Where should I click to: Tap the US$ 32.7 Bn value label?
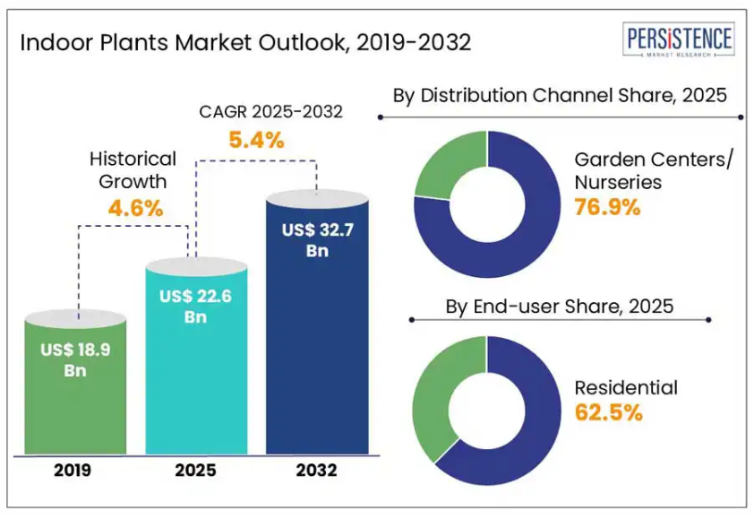318,240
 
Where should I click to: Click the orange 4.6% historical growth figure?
135,209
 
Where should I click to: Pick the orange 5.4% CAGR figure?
256,140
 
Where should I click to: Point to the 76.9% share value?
607,207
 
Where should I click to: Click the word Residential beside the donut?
626,388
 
